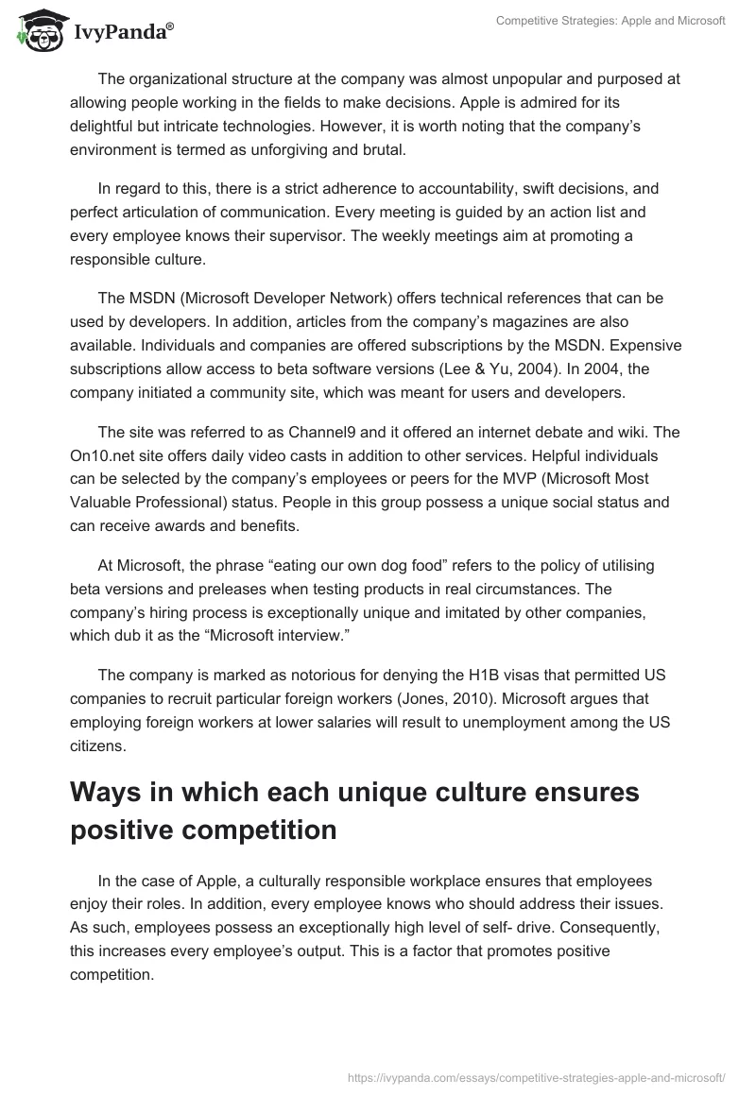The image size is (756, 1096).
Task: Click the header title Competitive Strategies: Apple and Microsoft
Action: [x=611, y=20]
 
